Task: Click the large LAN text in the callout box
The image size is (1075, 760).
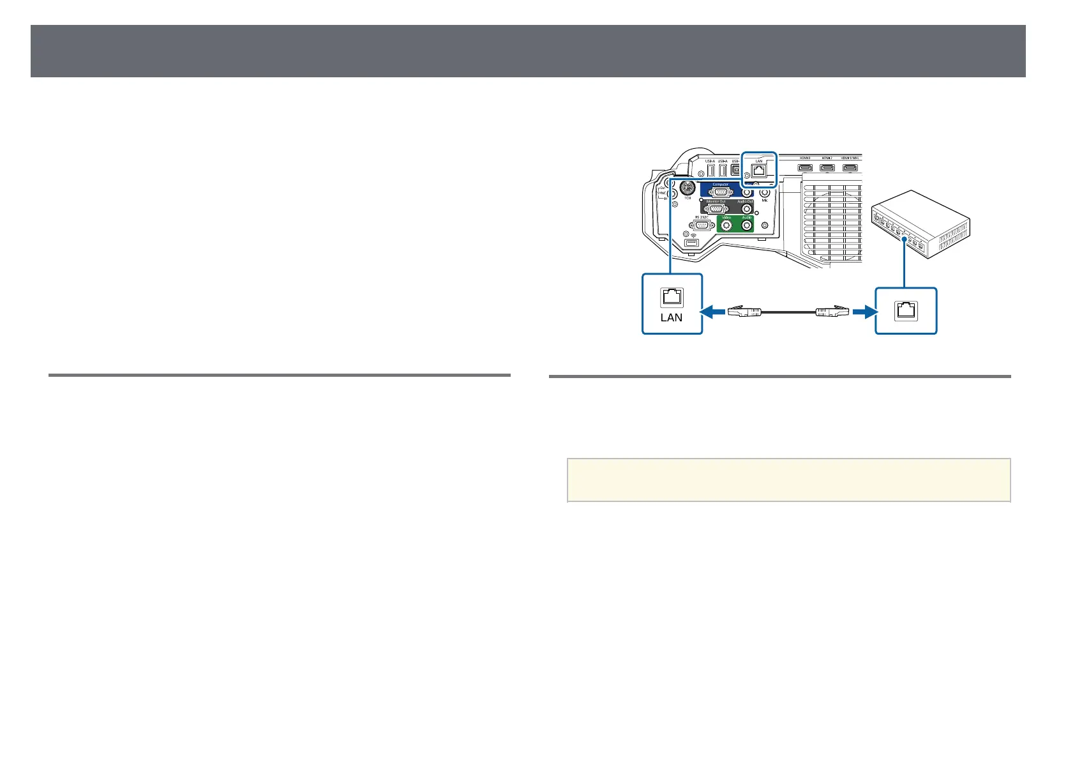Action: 672,317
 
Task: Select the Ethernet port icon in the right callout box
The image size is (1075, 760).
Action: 906,310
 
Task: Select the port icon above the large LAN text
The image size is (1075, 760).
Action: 672,297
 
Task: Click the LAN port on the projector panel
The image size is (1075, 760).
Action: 760,170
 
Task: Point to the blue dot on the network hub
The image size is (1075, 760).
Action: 904,239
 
